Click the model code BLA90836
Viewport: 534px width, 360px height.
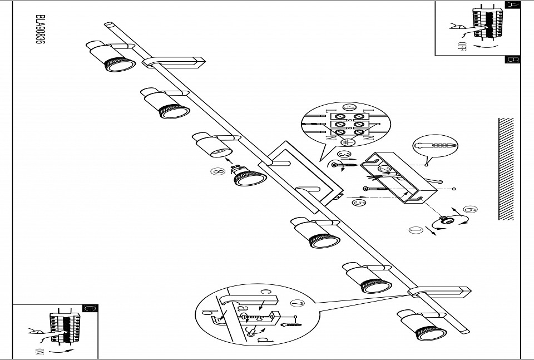click(x=39, y=33)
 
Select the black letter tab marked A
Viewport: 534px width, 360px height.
click(x=512, y=4)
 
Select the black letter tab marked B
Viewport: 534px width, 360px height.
click(x=512, y=60)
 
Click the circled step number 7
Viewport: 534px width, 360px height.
click(x=296, y=304)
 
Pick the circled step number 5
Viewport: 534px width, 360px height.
click(x=359, y=203)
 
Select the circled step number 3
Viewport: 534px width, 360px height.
click(x=344, y=154)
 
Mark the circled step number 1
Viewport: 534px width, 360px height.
click(x=416, y=230)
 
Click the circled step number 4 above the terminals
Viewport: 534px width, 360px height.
click(x=350, y=108)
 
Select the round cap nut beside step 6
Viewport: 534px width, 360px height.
click(x=446, y=220)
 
